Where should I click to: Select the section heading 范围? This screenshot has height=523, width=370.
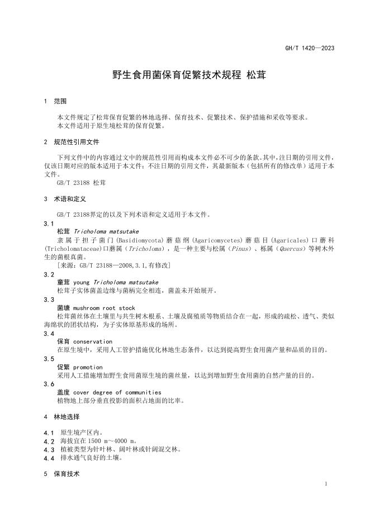(60, 102)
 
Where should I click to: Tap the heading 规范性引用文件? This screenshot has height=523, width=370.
(76, 142)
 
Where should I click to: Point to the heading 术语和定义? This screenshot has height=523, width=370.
(69, 198)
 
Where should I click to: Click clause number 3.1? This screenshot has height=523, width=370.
(49, 223)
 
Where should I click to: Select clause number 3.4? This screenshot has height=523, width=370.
(49, 334)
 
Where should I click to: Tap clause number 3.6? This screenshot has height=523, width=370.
(49, 384)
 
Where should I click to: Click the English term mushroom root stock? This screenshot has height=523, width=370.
(104, 308)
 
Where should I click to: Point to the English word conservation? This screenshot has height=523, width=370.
(93, 341)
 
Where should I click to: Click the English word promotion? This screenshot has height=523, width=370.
(88, 367)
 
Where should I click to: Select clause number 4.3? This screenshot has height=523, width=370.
(49, 449)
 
